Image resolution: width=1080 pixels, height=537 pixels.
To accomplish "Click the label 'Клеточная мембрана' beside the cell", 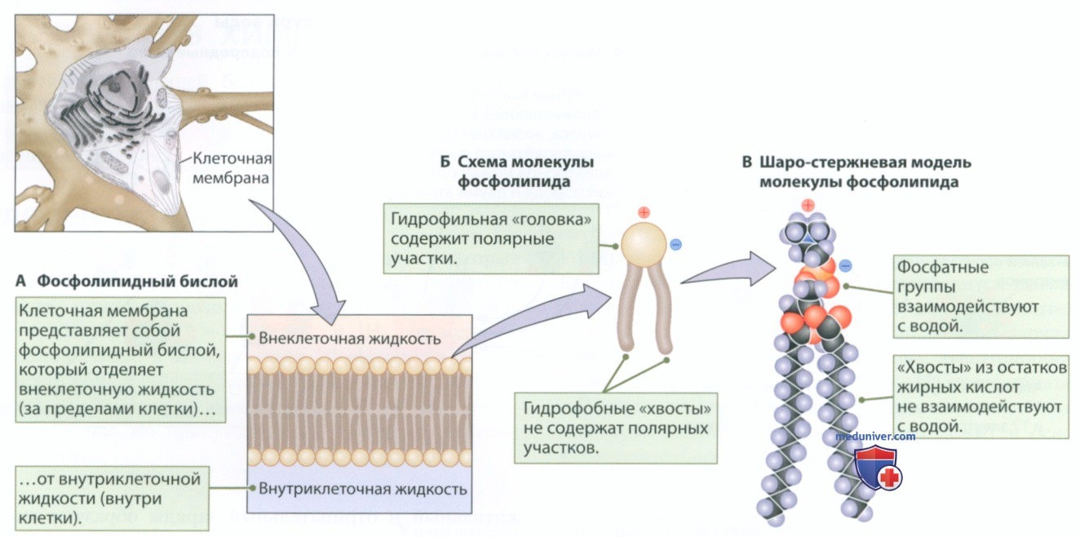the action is pos(232,168).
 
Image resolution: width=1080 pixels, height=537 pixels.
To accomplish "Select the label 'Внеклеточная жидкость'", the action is pos(350,339).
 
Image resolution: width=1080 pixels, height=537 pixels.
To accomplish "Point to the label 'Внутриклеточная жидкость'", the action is pos(362,489).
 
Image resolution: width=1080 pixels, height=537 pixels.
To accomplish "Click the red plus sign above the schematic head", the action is pos(644,212).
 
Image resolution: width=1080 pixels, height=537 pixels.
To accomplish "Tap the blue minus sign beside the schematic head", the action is pos(676,245).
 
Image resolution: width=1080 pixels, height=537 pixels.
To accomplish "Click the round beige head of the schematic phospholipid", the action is pos(644,245).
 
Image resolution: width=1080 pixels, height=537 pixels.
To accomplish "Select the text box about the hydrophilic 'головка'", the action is pos(491,239).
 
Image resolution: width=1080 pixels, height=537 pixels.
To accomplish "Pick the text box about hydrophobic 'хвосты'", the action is pos(616,428).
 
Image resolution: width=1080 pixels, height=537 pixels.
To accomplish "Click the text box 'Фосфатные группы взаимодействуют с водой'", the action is pos(980,297).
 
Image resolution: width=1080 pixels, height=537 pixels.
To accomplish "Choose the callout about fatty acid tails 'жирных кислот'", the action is pos(980,397).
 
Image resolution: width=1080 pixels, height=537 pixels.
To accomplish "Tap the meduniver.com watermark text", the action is pos(875,437).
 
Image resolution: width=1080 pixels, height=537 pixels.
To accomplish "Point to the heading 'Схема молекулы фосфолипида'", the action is pos(517,171).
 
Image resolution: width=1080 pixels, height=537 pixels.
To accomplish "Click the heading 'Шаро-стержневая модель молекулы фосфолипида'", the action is pos(856,172).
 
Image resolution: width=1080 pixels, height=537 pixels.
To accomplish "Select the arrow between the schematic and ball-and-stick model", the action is pos(729,271).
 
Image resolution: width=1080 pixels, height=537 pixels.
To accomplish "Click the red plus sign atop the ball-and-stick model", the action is pos(808,205).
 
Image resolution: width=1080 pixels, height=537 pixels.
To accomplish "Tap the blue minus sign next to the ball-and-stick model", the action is pos(845,265).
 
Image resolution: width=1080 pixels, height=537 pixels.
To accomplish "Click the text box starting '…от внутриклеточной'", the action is pos(113,499).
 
